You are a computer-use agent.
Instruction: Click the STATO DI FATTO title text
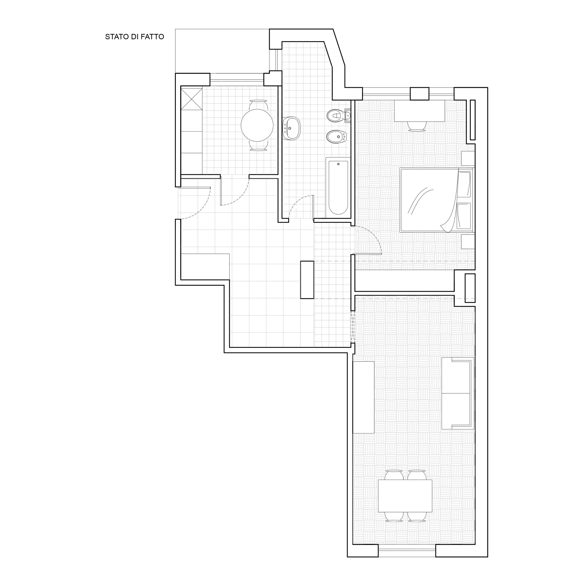click(134, 37)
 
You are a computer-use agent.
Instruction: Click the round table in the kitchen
click(257, 125)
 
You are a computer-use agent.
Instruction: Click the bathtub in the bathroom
click(338, 187)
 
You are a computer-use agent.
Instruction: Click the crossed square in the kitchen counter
click(191, 99)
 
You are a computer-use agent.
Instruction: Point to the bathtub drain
click(338, 164)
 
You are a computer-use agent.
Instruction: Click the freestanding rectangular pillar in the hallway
click(307, 280)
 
